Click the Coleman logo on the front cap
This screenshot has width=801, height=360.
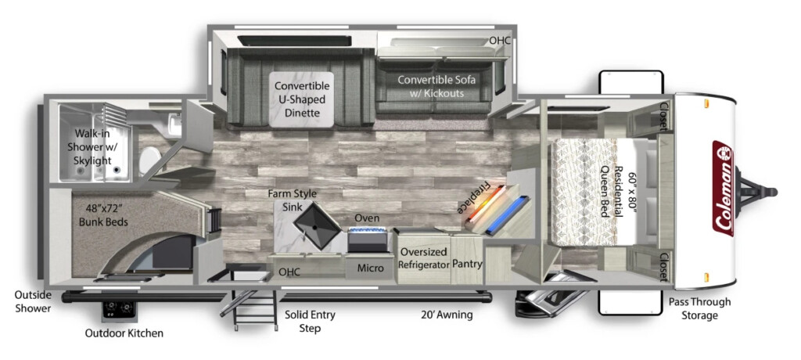(x=722, y=188)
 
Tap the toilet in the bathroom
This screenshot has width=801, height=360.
(x=149, y=160)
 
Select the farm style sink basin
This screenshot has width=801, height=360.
(x=317, y=225)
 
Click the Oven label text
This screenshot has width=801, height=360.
(x=367, y=218)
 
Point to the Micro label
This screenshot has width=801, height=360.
(x=370, y=268)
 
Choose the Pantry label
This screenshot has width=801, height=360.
(x=467, y=264)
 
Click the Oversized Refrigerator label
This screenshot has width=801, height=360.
(x=423, y=258)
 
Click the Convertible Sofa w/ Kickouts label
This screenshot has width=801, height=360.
(x=436, y=86)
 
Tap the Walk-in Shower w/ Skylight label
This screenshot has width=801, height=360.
(x=93, y=147)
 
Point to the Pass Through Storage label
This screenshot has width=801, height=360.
(x=700, y=309)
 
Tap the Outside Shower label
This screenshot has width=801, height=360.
(x=33, y=302)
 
